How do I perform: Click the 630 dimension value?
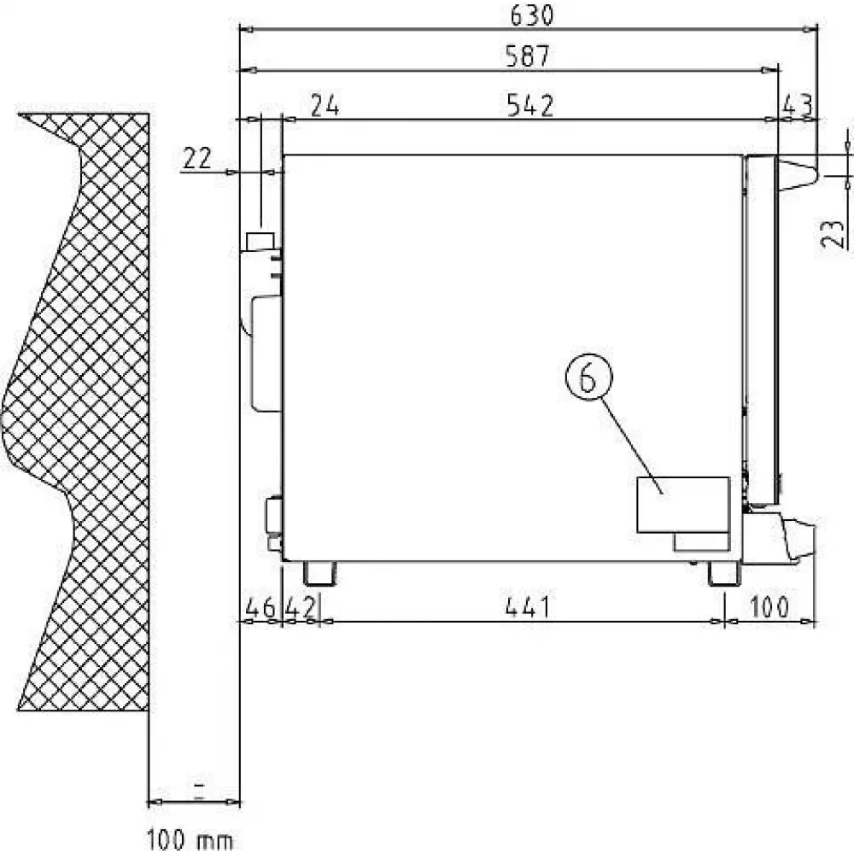[531, 15]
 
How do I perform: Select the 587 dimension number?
[528, 56]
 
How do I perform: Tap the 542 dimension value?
[530, 106]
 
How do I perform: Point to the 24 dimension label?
[325, 106]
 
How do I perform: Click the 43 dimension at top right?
[798, 105]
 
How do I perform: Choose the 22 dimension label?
[196, 159]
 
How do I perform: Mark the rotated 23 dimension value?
[832, 234]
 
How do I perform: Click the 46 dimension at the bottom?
[260, 606]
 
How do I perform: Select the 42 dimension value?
[300, 606]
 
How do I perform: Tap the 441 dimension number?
[528, 606]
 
